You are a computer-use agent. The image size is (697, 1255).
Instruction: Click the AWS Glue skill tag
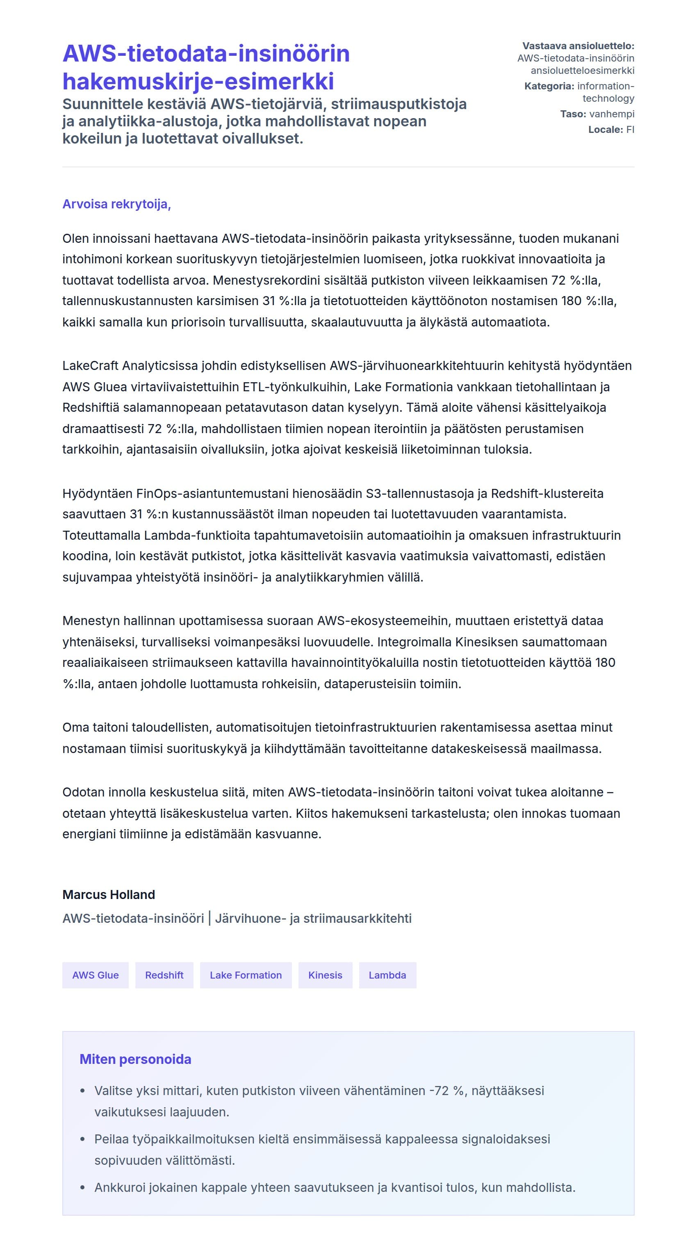pyautogui.click(x=95, y=975)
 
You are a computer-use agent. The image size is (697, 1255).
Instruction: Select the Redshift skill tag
pyautogui.click(x=164, y=975)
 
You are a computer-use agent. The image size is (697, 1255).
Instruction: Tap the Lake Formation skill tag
pyautogui.click(x=246, y=975)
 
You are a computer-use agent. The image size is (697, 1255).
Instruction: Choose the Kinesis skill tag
pyautogui.click(x=325, y=975)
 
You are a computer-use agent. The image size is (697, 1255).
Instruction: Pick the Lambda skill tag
pyautogui.click(x=387, y=975)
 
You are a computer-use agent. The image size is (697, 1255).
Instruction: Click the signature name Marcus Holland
pyautogui.click(x=109, y=894)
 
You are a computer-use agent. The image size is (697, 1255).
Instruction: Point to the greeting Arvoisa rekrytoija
pyautogui.click(x=116, y=204)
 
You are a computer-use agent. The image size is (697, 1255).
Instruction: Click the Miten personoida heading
pyautogui.click(x=135, y=1059)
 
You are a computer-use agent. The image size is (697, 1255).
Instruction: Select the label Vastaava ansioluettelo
pyautogui.click(x=578, y=46)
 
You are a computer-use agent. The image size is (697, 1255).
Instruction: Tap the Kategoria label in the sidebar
pyautogui.click(x=549, y=86)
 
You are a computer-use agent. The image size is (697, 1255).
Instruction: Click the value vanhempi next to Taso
pyautogui.click(x=612, y=114)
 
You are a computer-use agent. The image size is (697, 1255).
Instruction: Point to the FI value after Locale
pyautogui.click(x=630, y=130)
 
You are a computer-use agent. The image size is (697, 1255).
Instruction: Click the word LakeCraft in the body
pyautogui.click(x=90, y=365)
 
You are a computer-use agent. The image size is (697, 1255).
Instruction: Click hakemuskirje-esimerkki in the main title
pyautogui.click(x=198, y=81)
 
